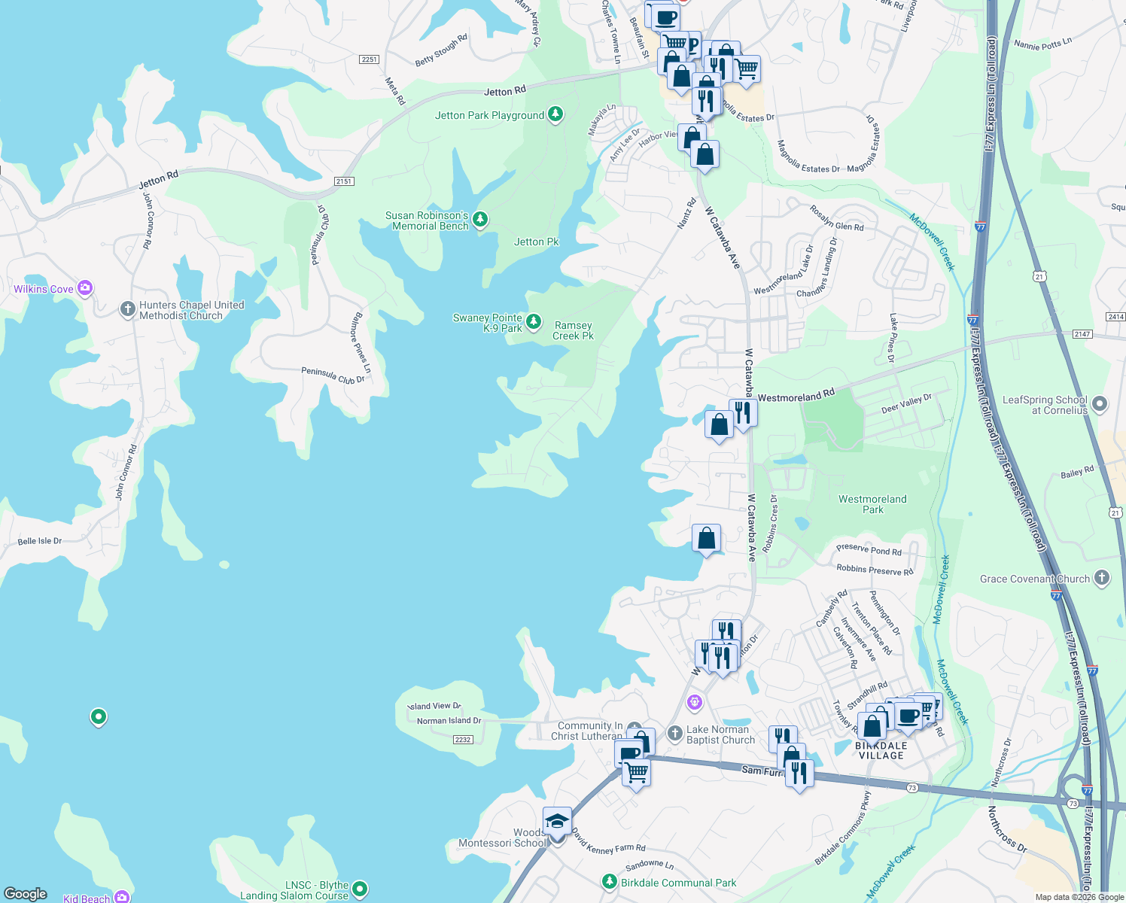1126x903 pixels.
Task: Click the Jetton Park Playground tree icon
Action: click(x=555, y=114)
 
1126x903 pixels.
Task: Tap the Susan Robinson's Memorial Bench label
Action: click(x=427, y=220)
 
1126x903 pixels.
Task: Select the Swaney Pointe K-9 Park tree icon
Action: click(x=534, y=322)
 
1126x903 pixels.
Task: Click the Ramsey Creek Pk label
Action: click(x=573, y=331)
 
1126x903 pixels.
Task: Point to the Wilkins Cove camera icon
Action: click(x=85, y=287)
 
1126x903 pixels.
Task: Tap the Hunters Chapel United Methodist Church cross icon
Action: click(x=128, y=309)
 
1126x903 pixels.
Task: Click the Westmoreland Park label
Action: click(x=872, y=504)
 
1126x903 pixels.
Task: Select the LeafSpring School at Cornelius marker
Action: click(x=1100, y=404)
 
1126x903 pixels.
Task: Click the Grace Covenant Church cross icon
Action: click(x=1102, y=578)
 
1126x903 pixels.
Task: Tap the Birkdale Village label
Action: click(x=881, y=750)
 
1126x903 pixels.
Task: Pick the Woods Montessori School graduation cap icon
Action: click(x=557, y=821)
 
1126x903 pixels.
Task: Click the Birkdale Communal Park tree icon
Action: click(x=610, y=881)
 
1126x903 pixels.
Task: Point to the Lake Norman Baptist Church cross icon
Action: click(x=675, y=733)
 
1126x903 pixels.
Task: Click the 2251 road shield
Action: click(x=369, y=59)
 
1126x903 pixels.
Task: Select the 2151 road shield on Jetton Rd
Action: click(x=344, y=181)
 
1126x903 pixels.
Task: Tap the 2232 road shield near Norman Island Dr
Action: click(x=462, y=740)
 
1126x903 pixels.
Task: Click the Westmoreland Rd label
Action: click(x=796, y=397)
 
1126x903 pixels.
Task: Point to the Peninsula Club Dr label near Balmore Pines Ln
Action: click(x=333, y=374)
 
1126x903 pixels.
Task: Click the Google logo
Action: click(x=26, y=894)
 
